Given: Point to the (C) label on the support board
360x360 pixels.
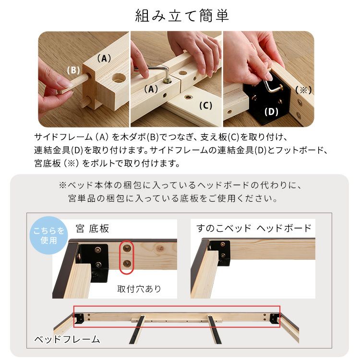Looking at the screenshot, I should (205, 106).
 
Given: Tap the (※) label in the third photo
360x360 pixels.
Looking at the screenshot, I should (303, 90).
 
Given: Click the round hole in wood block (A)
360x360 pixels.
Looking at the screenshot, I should (117, 78).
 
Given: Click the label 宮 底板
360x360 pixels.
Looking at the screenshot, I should (93, 228).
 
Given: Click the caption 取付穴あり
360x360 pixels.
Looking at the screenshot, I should (139, 289).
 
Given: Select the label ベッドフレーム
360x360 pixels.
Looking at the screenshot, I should (67, 339).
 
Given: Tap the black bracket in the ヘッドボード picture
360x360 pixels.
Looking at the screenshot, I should (222, 253).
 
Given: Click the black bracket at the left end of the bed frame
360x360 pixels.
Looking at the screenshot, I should (79, 318).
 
